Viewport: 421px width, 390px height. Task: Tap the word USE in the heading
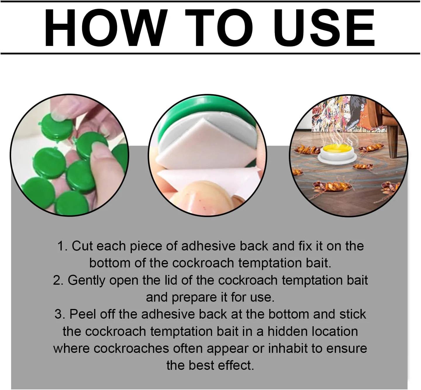324,28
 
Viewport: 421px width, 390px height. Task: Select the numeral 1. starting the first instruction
63,246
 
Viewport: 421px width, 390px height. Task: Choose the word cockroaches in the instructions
132,349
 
